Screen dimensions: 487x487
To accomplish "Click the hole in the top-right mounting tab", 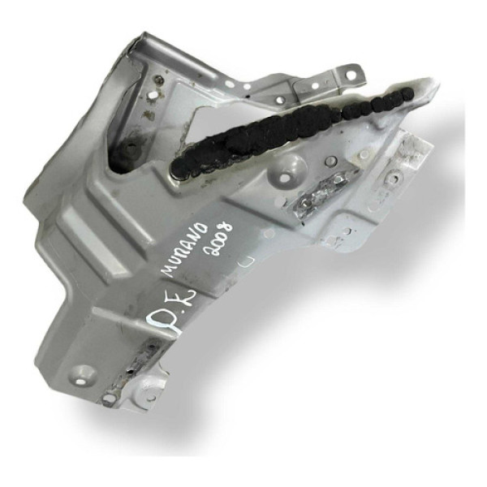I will (350, 75).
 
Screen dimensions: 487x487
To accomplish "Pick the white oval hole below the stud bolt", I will (149, 114).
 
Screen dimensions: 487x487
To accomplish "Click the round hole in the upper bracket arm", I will (278, 101).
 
